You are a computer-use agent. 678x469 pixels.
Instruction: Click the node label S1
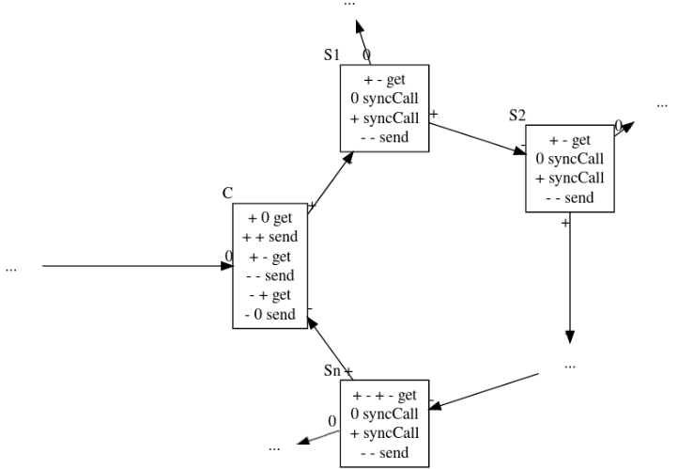(x=331, y=55)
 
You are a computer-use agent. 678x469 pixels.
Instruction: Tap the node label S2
(x=517, y=115)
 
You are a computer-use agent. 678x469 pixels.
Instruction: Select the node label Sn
(x=332, y=370)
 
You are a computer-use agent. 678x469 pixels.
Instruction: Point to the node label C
(x=227, y=193)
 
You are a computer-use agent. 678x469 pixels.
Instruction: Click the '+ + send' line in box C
(x=270, y=237)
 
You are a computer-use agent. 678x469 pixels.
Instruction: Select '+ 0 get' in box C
(x=270, y=218)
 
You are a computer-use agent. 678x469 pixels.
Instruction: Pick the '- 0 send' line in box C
(x=270, y=314)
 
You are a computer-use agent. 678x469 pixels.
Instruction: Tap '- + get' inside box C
(x=270, y=295)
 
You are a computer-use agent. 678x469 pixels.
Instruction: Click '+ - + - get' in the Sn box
(x=384, y=395)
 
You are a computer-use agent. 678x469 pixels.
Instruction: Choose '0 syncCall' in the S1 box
(x=384, y=99)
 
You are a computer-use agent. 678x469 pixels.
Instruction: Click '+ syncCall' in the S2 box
(x=570, y=179)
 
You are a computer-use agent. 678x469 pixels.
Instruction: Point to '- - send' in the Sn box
(x=384, y=453)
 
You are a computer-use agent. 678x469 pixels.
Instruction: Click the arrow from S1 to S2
(x=477, y=138)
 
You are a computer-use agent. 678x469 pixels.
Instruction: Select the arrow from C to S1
(x=331, y=182)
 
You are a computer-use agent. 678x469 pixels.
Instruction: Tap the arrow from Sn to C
(x=330, y=349)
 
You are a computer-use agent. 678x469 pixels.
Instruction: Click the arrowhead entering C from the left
(x=227, y=266)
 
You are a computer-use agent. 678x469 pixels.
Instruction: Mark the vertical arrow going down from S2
(x=570, y=278)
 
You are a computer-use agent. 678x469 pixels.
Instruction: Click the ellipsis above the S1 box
(x=349, y=4)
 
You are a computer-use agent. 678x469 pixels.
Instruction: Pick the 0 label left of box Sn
(x=332, y=421)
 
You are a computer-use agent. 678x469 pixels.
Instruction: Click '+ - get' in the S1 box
(x=384, y=80)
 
